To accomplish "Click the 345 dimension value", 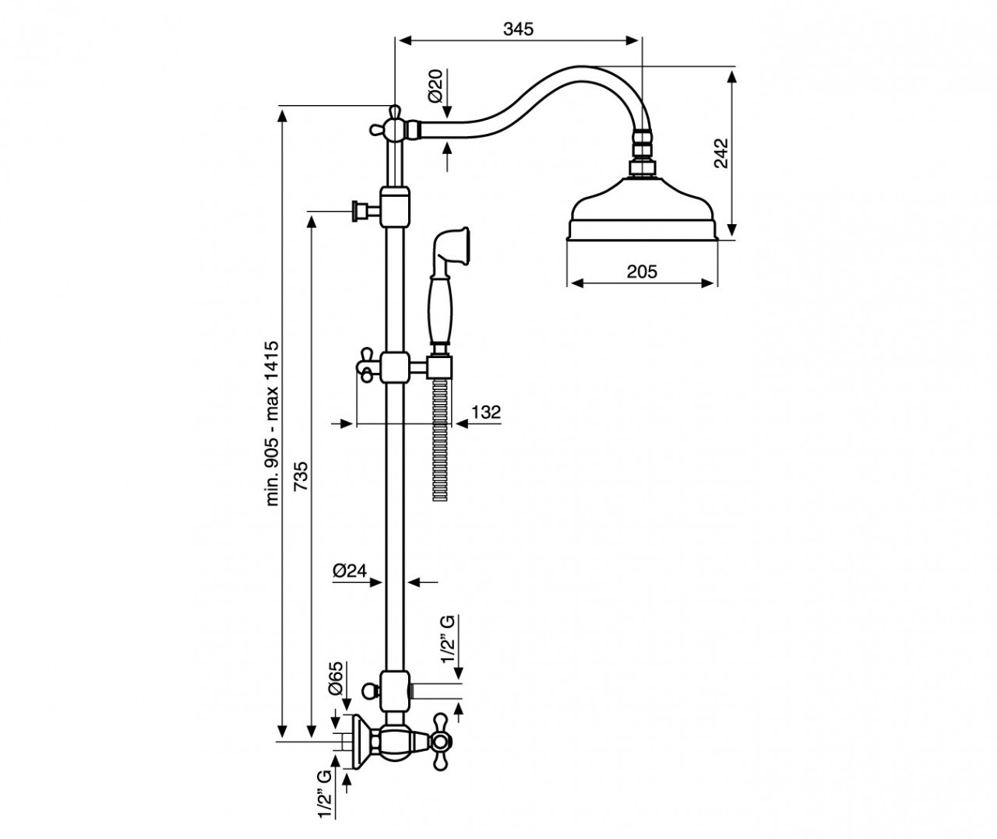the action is point(518,29).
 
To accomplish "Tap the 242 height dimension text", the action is point(721,153).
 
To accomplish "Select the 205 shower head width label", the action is point(642,272).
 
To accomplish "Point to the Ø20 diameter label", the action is point(435,86).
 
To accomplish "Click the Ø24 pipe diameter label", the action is point(350,570).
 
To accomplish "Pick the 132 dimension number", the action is point(486,412).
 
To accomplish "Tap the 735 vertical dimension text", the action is point(301,476).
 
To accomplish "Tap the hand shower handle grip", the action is point(440,311).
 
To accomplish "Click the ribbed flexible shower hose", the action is point(440,440).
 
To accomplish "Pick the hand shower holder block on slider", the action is point(439,367).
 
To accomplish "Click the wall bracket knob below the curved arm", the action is point(361,210).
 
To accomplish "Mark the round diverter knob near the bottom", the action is point(370,690).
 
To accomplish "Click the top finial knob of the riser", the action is point(394,111).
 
